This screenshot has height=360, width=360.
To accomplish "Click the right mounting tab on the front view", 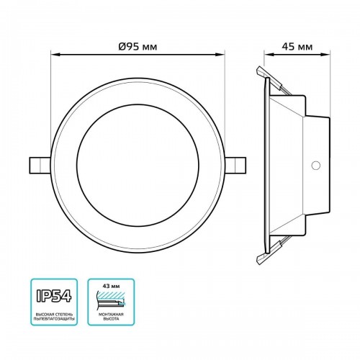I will tap(237, 163).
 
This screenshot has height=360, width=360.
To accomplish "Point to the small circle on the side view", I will tap(314, 165).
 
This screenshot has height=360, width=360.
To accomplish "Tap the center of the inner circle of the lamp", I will tap(138, 163).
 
